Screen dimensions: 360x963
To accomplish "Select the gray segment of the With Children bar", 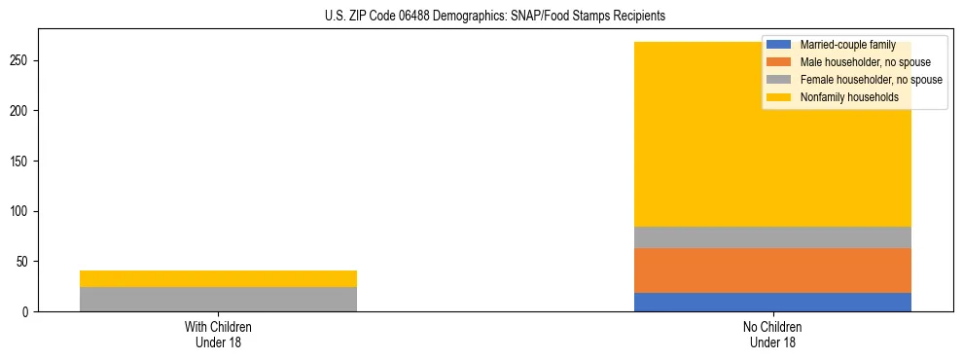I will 218,299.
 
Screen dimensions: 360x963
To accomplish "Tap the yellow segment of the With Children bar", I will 218,278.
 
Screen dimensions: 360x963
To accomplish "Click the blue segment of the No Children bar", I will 772,302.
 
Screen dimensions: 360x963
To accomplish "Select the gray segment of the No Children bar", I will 772,237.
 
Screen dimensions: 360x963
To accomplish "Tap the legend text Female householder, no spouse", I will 871,80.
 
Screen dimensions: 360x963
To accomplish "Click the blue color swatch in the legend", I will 779,45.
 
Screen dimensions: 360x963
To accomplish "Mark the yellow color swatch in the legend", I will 779,97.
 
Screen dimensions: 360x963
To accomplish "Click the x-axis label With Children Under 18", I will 218,334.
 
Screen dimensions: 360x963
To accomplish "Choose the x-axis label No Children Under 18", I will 772,334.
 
